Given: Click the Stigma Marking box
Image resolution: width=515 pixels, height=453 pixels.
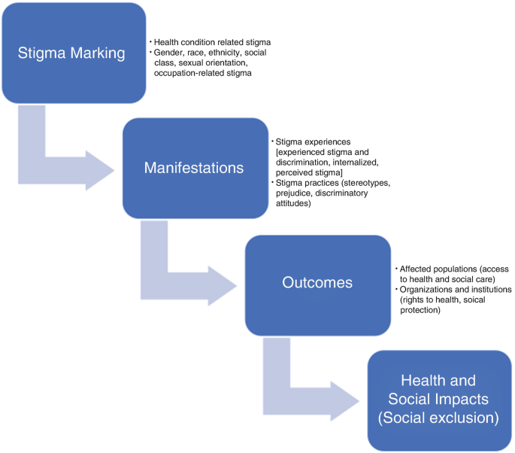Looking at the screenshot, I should pos(72,53).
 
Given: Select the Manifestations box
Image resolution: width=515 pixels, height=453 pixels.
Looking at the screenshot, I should pos(194,168).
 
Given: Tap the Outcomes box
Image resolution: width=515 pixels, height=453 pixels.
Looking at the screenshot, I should pos(317,284).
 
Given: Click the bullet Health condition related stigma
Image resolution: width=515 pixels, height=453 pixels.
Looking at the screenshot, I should pos(213,41).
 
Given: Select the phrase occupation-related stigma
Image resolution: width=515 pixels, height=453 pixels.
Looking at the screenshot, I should pos(202,74).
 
